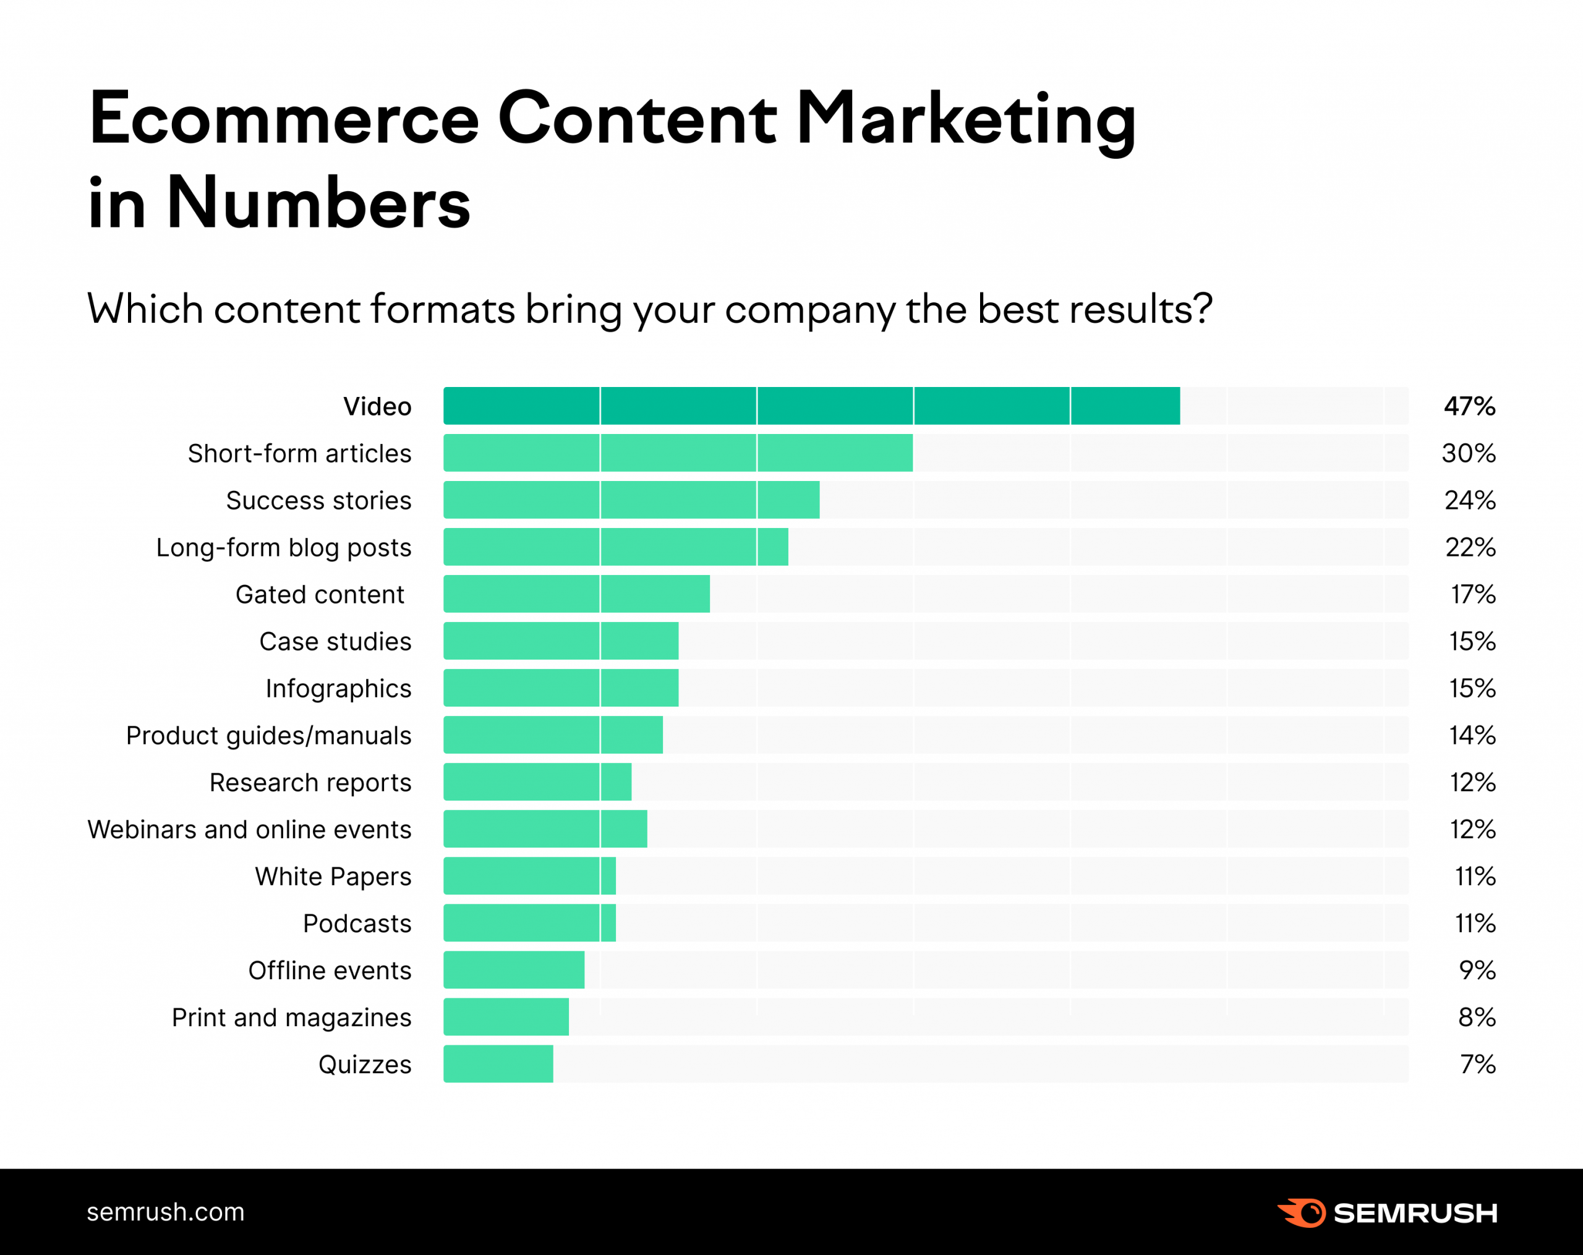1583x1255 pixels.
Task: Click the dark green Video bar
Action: (x=811, y=406)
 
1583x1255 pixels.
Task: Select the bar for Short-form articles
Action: (x=678, y=453)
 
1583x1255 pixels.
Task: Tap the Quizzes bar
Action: (x=498, y=1063)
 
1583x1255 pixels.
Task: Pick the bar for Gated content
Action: (x=576, y=593)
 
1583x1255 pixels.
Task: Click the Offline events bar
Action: (x=514, y=969)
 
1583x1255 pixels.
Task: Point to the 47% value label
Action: (x=1469, y=406)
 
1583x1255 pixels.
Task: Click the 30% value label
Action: (x=1469, y=453)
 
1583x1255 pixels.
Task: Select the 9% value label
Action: (x=1477, y=969)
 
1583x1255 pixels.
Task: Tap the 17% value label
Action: (x=1473, y=593)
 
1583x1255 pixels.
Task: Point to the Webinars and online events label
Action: (x=249, y=829)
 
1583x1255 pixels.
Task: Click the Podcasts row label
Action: (x=357, y=923)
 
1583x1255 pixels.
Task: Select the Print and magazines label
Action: (x=291, y=1017)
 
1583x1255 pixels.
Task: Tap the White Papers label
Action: (x=333, y=876)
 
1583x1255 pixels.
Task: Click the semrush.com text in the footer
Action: (x=165, y=1212)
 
